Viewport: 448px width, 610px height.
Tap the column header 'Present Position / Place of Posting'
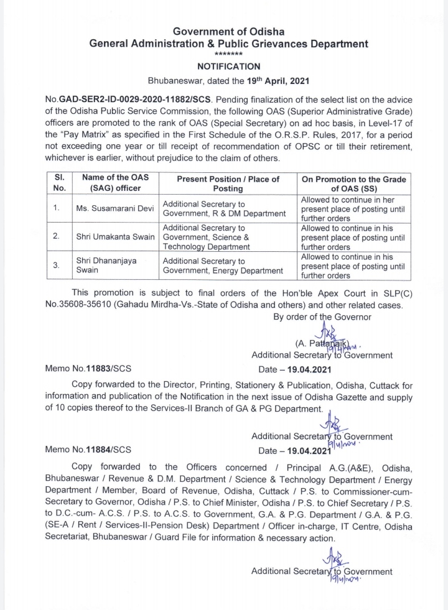(227, 183)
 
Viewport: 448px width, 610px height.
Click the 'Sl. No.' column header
(60, 183)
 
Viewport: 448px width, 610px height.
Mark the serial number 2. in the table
(57, 237)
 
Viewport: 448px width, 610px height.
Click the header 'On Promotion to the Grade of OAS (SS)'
(353, 183)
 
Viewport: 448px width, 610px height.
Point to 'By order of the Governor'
(322, 317)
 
